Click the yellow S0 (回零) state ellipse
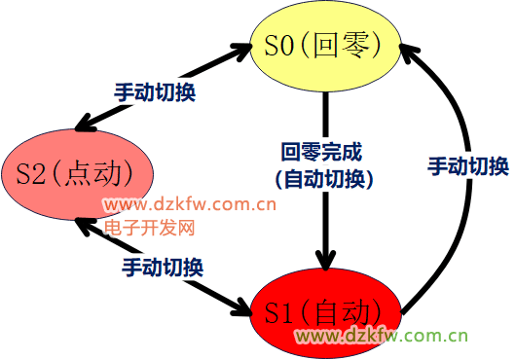[x=325, y=46]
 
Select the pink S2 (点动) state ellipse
[x=78, y=174]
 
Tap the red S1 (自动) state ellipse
[x=325, y=313]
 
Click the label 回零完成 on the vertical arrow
[x=321, y=152]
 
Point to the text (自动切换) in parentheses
[x=324, y=179]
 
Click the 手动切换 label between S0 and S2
[x=155, y=92]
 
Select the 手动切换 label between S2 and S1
[x=163, y=267]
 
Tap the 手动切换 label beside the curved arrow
[x=468, y=166]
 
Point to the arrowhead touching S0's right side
[x=409, y=54]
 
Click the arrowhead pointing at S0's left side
[x=241, y=51]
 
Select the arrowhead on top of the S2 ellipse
[x=86, y=124]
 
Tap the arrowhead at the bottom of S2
[x=86, y=226]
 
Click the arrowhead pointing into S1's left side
[x=241, y=307]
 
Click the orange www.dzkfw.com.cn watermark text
[x=190, y=204]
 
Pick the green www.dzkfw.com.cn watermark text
[x=381, y=336]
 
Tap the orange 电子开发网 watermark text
[x=150, y=228]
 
